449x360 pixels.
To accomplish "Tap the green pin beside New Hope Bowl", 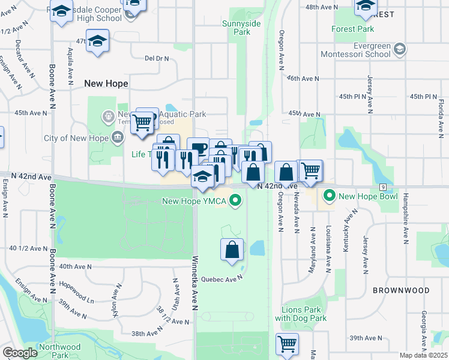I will [x=329, y=196].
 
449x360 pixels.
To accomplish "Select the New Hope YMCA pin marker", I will [x=237, y=200].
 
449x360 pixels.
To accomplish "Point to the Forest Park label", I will [x=352, y=28].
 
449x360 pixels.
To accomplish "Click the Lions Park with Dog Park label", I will [x=300, y=314].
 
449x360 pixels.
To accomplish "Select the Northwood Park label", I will [x=59, y=351].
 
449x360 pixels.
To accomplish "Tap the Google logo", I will [x=20, y=353].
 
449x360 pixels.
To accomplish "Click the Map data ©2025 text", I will [x=423, y=355].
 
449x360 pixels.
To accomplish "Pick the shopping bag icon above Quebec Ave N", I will [x=232, y=249].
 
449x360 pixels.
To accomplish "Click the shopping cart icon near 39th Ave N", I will [x=288, y=344].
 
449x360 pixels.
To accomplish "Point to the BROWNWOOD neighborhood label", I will [x=400, y=290].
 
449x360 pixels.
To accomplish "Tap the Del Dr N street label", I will [x=157, y=59].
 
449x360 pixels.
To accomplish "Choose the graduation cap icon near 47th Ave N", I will [x=97, y=41].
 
